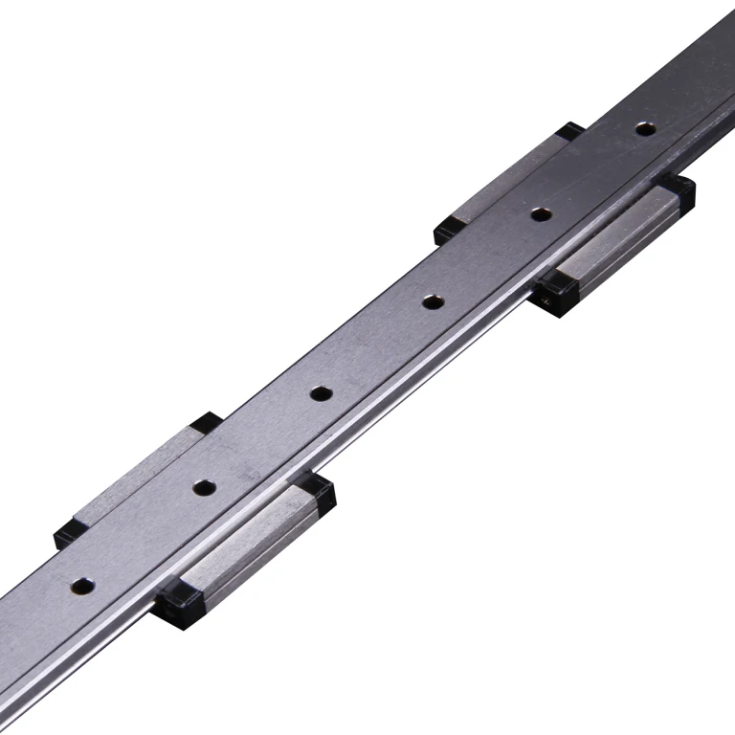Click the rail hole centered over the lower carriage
coord(203,487)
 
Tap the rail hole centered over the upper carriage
coord(542,213)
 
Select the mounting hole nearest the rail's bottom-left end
coord(83,583)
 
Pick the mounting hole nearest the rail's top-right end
coord(646,127)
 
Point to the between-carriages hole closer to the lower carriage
coord(320,392)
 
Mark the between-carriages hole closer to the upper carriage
coord(433,301)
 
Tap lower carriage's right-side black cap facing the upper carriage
coord(316,493)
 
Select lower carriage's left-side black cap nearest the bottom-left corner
coord(67,534)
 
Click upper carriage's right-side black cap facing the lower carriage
coord(553,293)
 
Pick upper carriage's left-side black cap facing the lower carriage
coord(446,231)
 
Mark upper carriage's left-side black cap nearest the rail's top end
coord(571,131)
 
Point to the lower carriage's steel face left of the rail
coord(134,478)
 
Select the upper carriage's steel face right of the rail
coord(617,239)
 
